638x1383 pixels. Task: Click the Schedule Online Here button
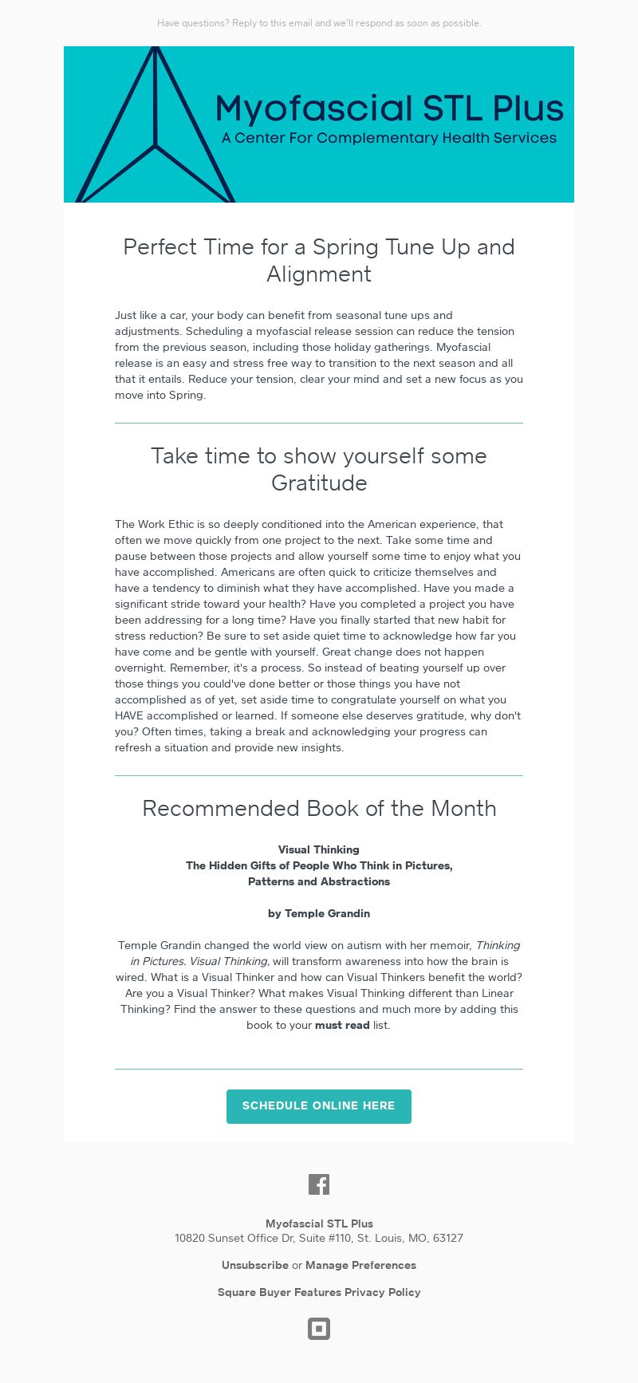(319, 1106)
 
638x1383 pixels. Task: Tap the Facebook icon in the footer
(319, 1184)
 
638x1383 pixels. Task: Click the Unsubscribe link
(255, 1265)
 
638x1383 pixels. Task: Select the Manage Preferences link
(360, 1265)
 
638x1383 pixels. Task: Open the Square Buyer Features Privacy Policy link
(319, 1292)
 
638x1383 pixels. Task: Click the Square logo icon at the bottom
(319, 1329)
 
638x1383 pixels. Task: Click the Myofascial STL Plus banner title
(389, 108)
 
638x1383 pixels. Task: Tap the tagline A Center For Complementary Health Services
(389, 138)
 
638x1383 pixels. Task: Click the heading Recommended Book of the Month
(319, 809)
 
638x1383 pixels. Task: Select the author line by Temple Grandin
(319, 913)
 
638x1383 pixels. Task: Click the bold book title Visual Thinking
(319, 849)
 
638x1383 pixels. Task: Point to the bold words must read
(342, 1025)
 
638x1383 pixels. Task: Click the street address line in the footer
(319, 1239)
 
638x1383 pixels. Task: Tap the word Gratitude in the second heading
(319, 483)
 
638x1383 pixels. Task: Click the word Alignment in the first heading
(319, 274)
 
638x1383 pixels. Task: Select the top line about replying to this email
(319, 23)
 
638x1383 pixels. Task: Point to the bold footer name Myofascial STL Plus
(319, 1223)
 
